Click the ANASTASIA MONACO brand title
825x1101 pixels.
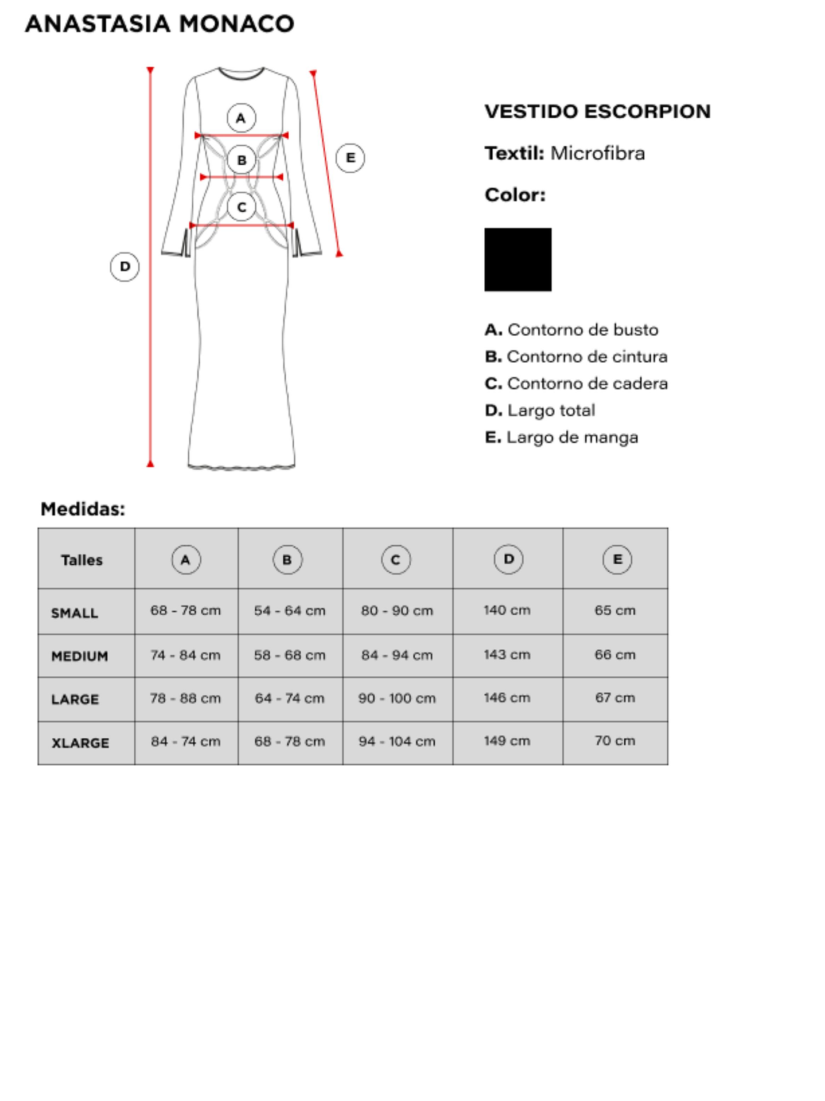159,24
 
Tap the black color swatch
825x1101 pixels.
517,259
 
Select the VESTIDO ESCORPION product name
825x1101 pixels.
597,111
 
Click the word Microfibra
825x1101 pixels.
597,153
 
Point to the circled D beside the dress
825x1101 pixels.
124,267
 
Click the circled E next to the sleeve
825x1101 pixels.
350,158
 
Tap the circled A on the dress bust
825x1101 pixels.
241,118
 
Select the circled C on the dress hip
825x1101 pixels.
242,207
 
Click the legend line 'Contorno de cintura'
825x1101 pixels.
576,356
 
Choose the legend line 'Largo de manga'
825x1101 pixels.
561,437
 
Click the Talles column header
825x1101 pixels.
82,560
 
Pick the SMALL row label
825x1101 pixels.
75,613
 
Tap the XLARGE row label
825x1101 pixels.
80,743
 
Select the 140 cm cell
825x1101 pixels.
507,610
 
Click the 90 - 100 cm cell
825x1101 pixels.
397,699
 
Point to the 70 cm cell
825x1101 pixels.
615,741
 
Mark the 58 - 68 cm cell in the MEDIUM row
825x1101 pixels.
290,655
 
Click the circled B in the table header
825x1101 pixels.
287,560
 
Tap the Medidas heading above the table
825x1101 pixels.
83,509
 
